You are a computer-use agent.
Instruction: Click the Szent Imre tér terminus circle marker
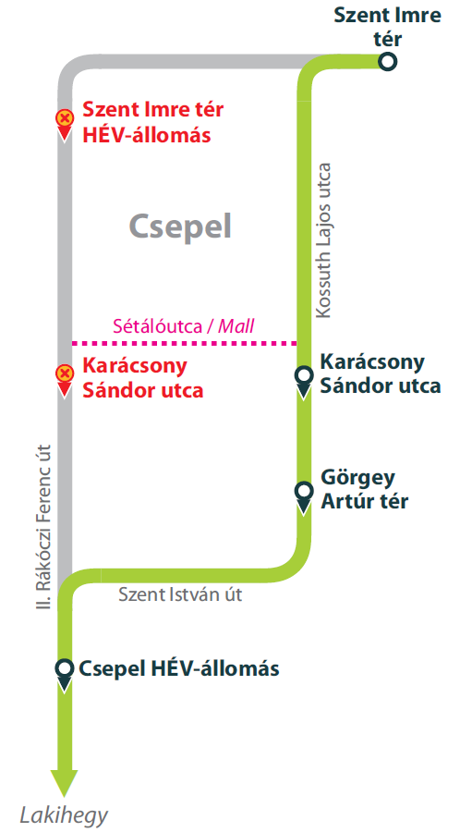[x=389, y=61]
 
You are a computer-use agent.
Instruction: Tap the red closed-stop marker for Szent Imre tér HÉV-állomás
[x=64, y=119]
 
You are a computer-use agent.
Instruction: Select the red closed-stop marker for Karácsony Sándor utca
[x=64, y=374]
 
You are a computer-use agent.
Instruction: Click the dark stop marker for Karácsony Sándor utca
[x=303, y=376]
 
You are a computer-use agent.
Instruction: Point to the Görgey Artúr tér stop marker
[x=303, y=491]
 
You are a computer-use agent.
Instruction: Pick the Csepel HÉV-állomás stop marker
[x=64, y=668]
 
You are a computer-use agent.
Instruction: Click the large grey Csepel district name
[x=179, y=226]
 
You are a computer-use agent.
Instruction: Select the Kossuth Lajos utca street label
[x=323, y=241]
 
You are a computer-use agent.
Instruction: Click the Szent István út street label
[x=180, y=594]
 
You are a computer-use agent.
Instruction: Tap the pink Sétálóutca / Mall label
[x=183, y=325]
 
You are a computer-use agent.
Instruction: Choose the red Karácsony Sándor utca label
[x=142, y=377]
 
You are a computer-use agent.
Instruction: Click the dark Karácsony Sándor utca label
[x=380, y=373]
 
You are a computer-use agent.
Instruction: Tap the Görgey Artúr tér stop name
[x=364, y=489]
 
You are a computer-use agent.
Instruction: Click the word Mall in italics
[x=236, y=325]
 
